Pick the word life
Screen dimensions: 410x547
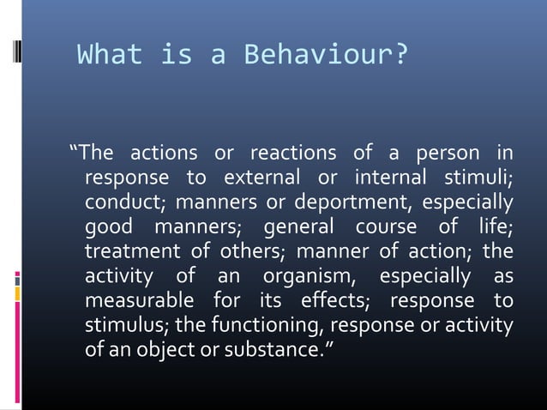(x=495, y=229)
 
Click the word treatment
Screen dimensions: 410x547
(x=130, y=254)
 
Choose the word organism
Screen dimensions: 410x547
(x=300, y=279)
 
